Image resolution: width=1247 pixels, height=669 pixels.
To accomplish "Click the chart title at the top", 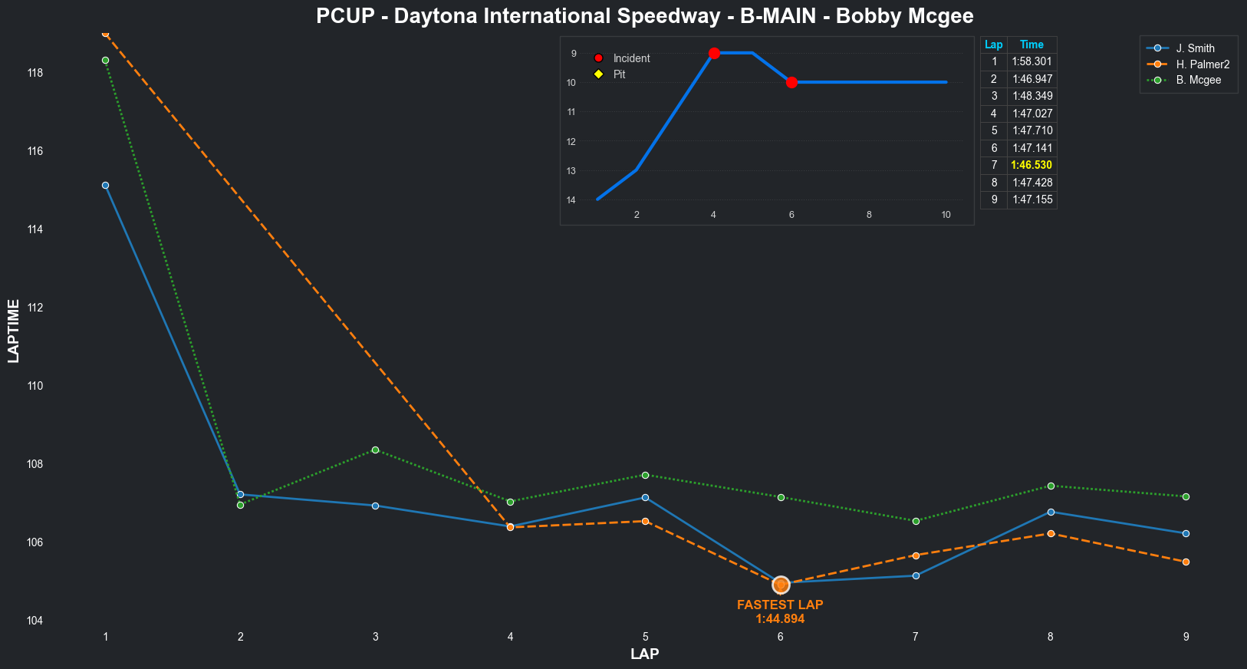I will pyautogui.click(x=644, y=16).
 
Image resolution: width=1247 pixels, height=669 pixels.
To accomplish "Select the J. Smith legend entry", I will pyautogui.click(x=1195, y=48).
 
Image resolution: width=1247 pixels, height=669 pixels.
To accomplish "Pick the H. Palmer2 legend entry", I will pyautogui.click(x=1203, y=64).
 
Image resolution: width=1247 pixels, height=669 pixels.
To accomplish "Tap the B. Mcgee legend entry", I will pyautogui.click(x=1199, y=80).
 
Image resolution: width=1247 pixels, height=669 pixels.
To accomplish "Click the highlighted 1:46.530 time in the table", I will pyautogui.click(x=1031, y=165).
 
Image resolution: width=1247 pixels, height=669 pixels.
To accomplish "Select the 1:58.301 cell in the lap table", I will pyautogui.click(x=1031, y=61).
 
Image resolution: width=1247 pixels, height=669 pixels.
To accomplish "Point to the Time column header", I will pyautogui.click(x=1031, y=44).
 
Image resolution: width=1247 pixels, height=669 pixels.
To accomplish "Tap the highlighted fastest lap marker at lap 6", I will pyautogui.click(x=781, y=585).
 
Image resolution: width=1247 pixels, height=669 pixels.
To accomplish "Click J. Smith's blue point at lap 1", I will pyautogui.click(x=105, y=185).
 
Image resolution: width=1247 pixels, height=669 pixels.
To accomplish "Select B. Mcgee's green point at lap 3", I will pyautogui.click(x=375, y=450).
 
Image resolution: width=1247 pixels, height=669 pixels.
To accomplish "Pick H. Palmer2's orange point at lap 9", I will pyautogui.click(x=1186, y=562).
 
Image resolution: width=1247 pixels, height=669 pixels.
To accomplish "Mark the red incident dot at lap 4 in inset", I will pyautogui.click(x=714, y=53).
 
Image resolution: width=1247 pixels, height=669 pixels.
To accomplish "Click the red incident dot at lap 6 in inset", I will pyautogui.click(x=791, y=82).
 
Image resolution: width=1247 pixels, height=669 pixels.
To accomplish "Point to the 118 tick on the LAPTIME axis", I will pyautogui.click(x=35, y=73).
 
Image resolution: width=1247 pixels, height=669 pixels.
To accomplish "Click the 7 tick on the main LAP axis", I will pyautogui.click(x=916, y=637).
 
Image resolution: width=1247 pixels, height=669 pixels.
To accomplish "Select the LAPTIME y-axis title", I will pyautogui.click(x=13, y=331).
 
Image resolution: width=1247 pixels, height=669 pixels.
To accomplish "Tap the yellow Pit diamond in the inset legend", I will pyautogui.click(x=599, y=74).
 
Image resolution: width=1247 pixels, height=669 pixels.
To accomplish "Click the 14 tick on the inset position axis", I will pyautogui.click(x=571, y=200).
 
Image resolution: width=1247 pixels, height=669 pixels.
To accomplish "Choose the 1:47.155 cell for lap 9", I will pyautogui.click(x=1031, y=199).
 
